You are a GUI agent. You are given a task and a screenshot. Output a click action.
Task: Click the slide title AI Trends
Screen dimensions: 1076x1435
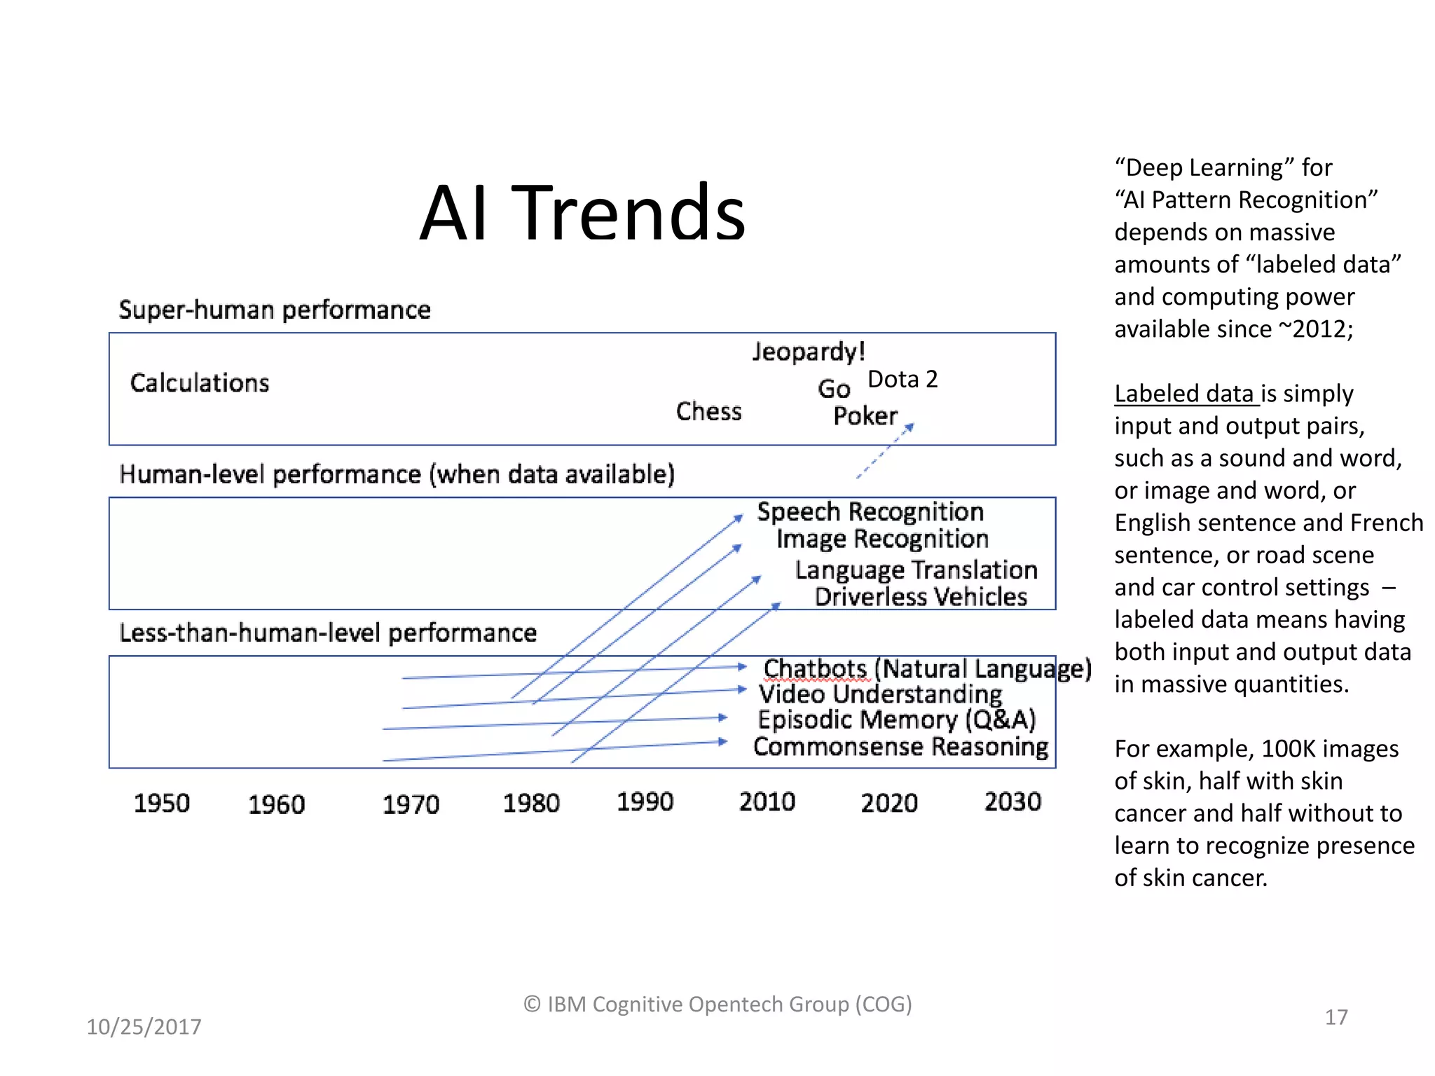(582, 212)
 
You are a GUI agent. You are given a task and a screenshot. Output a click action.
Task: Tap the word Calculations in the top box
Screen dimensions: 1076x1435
(200, 383)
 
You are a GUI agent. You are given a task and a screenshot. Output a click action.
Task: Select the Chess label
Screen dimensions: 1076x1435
(708, 411)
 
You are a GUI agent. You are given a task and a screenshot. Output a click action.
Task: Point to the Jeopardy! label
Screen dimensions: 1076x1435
(809, 352)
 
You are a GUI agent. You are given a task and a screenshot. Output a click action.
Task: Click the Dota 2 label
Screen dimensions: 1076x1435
(902, 379)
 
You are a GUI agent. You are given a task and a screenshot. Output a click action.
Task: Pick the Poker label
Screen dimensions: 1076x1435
(865, 416)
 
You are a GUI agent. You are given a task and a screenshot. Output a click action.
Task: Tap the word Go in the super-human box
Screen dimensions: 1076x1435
(833, 389)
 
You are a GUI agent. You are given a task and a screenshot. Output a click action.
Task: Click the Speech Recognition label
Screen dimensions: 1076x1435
(870, 512)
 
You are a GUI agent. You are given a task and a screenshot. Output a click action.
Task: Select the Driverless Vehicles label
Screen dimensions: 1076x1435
(921, 597)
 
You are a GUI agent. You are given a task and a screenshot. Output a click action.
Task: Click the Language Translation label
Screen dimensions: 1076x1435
(916, 570)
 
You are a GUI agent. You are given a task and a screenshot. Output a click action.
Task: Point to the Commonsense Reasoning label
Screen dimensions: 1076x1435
(901, 747)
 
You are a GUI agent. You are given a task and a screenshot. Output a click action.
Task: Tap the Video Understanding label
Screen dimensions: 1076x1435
(880, 694)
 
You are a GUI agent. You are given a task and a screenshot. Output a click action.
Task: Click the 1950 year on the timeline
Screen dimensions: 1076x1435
(162, 803)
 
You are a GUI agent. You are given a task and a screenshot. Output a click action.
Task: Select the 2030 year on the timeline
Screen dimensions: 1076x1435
(1012, 801)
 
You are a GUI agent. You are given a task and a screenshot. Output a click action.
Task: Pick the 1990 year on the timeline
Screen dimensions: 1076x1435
(645, 801)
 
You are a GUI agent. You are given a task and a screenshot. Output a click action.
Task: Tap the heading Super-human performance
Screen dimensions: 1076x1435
(275, 310)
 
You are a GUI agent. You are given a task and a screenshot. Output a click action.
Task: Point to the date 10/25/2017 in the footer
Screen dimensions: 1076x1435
(144, 1027)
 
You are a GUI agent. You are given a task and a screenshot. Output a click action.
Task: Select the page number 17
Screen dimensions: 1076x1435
(1336, 1017)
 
